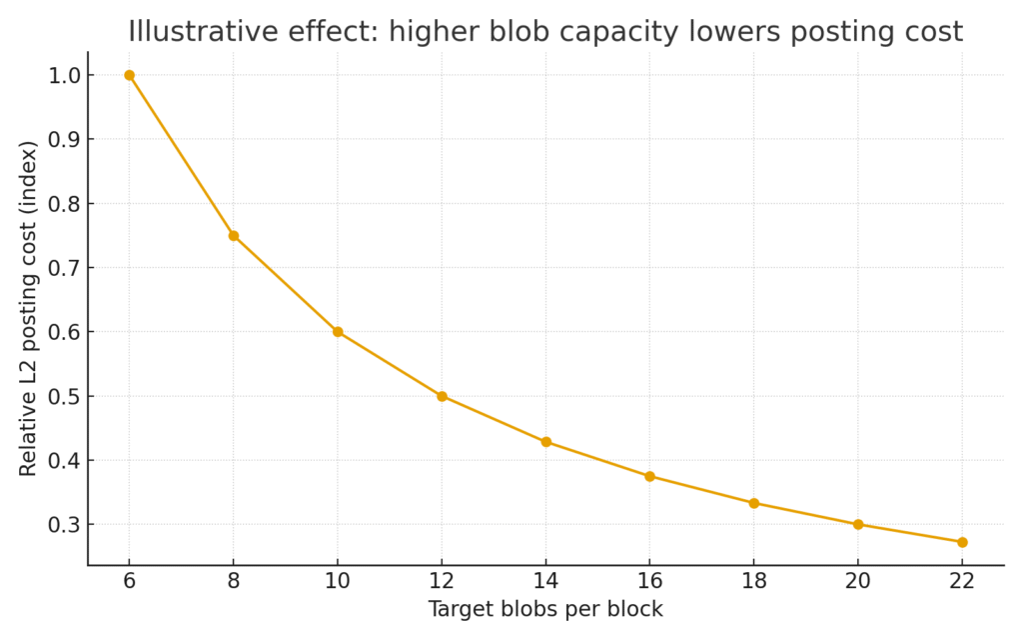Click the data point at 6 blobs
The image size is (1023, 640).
(129, 75)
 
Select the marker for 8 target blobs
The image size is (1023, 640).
(233, 236)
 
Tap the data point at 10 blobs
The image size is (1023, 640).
(338, 332)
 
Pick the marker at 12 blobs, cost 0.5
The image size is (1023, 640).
(442, 396)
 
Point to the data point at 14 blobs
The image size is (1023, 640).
(545, 442)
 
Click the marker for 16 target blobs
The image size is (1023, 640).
(649, 476)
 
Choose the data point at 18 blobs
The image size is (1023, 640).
(753, 503)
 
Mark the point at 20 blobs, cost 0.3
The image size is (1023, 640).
(858, 524)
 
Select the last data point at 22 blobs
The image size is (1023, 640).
(962, 542)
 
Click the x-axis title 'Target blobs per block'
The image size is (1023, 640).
(545, 609)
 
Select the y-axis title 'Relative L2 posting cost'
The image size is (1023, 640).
(29, 308)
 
